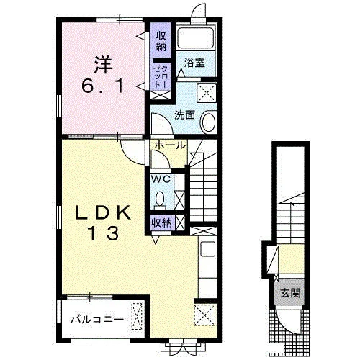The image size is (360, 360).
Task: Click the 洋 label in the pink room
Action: click(x=103, y=65)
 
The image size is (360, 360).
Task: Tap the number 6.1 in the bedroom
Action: click(x=103, y=86)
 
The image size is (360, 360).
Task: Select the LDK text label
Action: click(x=104, y=213)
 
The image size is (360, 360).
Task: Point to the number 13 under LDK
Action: click(x=104, y=233)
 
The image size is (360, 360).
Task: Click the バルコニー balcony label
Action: click(x=97, y=320)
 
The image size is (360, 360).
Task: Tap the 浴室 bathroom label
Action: click(x=194, y=63)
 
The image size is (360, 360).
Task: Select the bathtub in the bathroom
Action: click(x=195, y=38)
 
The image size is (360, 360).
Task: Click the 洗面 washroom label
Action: click(x=184, y=115)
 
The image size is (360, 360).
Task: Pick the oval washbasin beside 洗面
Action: click(x=209, y=122)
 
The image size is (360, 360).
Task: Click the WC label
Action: click(x=161, y=179)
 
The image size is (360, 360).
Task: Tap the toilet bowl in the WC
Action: click(x=160, y=199)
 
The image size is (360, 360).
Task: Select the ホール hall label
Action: click(x=170, y=145)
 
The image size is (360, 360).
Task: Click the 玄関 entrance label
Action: click(x=291, y=293)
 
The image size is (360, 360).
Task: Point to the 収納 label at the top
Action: click(x=161, y=41)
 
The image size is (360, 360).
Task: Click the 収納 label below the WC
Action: click(x=161, y=223)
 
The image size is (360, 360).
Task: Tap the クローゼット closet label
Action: click(x=161, y=76)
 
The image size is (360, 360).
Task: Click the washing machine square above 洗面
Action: click(x=207, y=93)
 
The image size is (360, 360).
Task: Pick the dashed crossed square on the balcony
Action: click(x=137, y=316)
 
